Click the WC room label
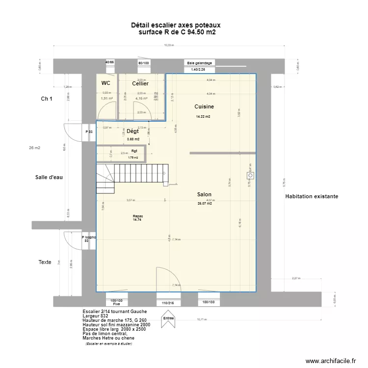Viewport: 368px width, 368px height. click(106, 83)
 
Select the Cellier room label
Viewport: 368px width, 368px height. click(140, 84)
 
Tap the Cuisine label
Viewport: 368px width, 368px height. click(204, 106)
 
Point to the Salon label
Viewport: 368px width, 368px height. click(204, 194)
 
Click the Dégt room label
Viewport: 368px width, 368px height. click(132, 131)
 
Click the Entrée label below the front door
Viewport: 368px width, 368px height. click(168, 318)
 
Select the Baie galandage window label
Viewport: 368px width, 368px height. click(199, 63)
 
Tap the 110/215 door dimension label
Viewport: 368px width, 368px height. click(168, 303)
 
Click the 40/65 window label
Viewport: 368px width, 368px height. click(109, 62)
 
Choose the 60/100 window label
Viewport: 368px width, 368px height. click(144, 63)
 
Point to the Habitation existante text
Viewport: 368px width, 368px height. click(311, 196)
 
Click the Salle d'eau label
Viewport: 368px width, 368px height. click(49, 177)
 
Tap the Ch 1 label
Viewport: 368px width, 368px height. click(47, 99)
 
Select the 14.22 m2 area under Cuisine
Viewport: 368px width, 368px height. click(203, 117)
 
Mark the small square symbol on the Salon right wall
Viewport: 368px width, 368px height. click(251, 175)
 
